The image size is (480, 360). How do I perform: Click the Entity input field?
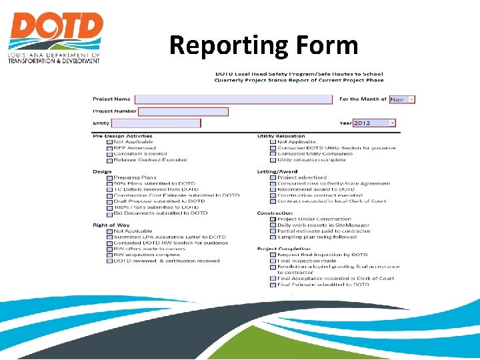pos(156,123)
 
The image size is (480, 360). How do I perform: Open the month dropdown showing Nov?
pos(402,99)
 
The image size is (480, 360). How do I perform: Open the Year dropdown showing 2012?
pos(374,123)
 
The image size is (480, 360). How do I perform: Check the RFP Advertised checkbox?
pos(110,148)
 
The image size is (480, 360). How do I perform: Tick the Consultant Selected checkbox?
pos(110,154)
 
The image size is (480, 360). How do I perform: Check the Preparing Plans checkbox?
pos(110,178)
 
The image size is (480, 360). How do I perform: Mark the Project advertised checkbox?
pos(273,178)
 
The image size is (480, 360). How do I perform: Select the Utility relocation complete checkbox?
pos(273,160)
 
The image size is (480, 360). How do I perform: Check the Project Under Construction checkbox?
pos(273,219)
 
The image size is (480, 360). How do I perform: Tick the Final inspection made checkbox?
pos(273,261)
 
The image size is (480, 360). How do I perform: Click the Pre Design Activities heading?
pos(123,136)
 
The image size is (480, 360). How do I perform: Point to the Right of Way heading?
pos(111,225)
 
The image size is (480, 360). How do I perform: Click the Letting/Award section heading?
pos(277,172)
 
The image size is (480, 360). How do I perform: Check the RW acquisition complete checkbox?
pos(110,255)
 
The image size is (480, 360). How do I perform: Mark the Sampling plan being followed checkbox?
pos(273,237)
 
